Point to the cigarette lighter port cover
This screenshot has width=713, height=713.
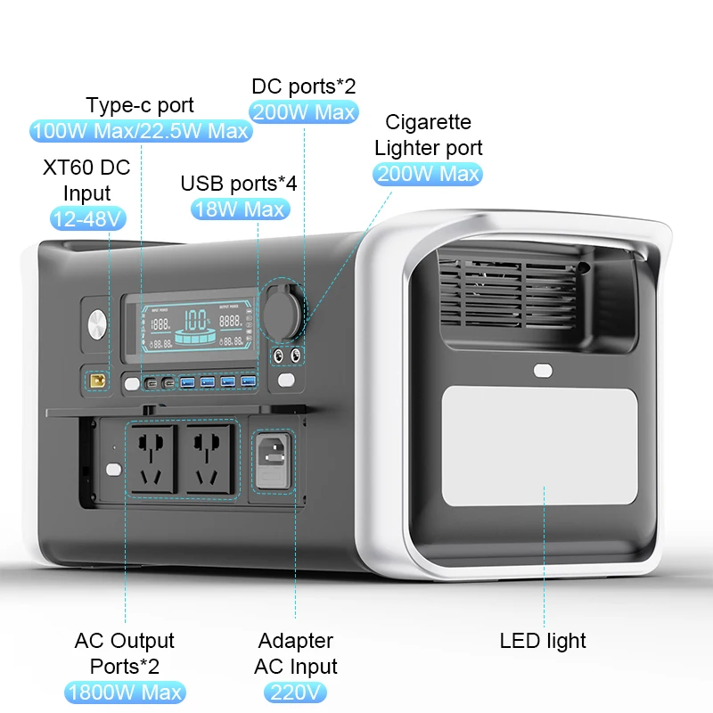282,313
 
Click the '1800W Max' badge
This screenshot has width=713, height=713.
125,693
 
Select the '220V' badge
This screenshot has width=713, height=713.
295,693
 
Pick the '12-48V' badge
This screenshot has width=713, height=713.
86,218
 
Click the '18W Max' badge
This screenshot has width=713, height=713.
240,209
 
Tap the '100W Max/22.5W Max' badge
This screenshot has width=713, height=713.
141,131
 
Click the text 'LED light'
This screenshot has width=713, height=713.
543,640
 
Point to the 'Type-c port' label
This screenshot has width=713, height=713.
141,105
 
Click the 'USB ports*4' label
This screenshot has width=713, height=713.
239,184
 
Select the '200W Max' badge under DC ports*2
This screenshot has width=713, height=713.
304,112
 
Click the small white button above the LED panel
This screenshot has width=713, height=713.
541,370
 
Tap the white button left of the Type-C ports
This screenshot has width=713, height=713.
133,383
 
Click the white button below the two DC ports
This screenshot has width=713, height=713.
286,381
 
